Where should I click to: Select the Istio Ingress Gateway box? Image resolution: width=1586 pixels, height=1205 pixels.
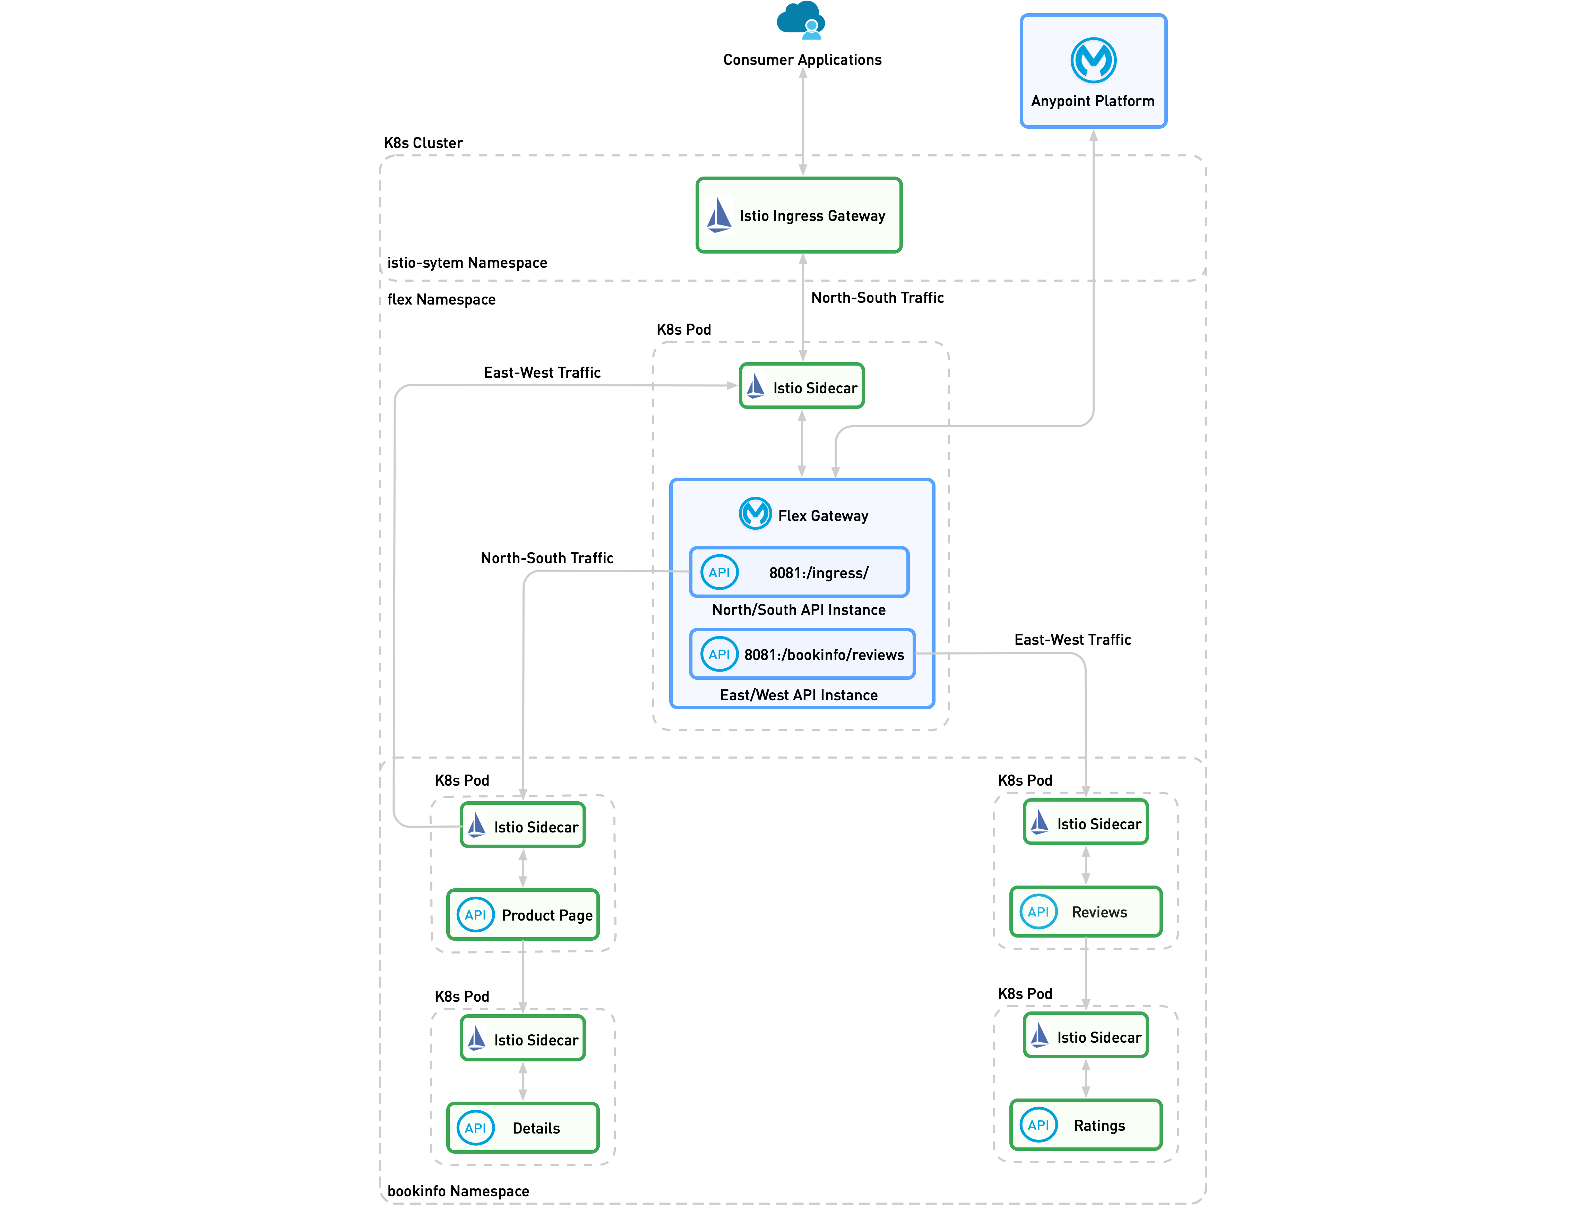[x=799, y=215]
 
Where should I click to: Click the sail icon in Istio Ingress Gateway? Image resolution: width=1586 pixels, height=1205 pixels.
[x=718, y=215]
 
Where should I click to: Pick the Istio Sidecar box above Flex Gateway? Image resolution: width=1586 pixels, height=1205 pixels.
[x=802, y=387]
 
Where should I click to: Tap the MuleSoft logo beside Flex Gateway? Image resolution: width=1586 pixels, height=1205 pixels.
[x=755, y=514]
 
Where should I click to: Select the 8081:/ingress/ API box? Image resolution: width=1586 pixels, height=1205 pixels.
[x=799, y=572]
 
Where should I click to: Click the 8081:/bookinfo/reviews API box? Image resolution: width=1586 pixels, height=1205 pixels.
[x=802, y=654]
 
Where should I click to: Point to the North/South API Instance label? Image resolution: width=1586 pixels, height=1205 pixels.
[x=799, y=610]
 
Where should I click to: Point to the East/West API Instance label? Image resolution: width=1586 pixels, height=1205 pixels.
[x=799, y=695]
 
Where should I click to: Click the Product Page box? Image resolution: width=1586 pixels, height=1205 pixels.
[x=523, y=915]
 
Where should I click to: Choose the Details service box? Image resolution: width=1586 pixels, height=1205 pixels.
[x=523, y=1128]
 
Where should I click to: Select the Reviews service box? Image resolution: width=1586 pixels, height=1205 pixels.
[x=1086, y=912]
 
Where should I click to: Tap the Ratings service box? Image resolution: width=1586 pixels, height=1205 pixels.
[x=1086, y=1125]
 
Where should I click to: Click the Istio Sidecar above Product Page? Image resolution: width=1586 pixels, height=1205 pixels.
[x=523, y=826]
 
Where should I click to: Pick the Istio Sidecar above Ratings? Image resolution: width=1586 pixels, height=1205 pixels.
[x=1086, y=1036]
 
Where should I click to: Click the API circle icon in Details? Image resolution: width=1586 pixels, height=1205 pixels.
[x=475, y=1128]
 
